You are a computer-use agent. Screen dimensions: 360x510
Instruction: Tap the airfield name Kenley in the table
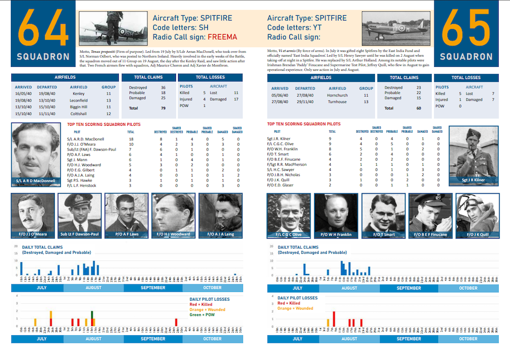click(78, 93)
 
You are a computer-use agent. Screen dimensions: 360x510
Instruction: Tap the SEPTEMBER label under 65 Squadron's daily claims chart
click(409, 288)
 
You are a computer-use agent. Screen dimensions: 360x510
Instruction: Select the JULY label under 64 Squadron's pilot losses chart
click(41, 338)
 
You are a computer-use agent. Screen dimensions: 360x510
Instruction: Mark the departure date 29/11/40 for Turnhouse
click(305, 101)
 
